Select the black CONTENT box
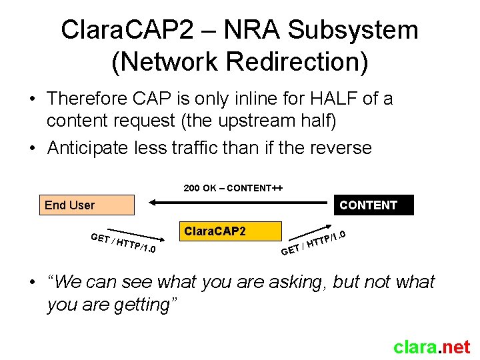point(373,205)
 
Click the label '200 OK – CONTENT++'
point(233,188)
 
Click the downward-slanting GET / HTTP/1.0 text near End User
point(124,244)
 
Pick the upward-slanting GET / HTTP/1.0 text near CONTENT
point(313,243)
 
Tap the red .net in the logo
point(455,347)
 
